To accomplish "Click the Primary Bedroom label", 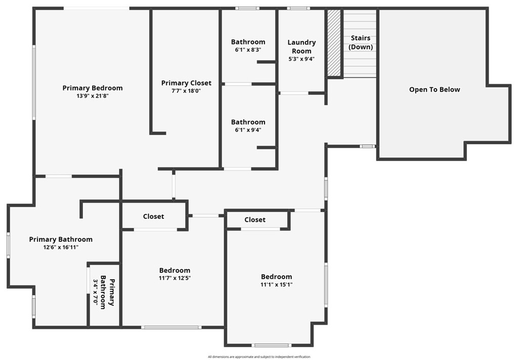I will coord(93,88).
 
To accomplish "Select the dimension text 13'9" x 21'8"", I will coord(93,96).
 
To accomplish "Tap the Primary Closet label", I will coord(186,83).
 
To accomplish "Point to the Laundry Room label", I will coord(301,47).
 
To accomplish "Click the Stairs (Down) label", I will coord(361,42).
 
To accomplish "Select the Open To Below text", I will coord(435,89).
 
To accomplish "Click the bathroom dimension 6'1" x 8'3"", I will coord(248,50).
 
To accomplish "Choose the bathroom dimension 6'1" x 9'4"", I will coord(248,130).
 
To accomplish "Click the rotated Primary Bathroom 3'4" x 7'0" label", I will coord(104,293).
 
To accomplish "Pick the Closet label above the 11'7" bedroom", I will coord(153,216).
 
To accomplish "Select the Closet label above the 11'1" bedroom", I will coord(255,219).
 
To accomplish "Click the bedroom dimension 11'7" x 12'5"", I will coord(175,278).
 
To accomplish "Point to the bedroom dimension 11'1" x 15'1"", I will coord(276,284).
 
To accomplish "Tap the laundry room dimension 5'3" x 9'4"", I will coord(301,59).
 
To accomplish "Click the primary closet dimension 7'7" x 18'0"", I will coord(186,91).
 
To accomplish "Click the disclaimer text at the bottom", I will coord(259,356).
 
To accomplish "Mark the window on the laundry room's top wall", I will coord(298,8).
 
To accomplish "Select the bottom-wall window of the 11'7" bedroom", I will coord(171,327).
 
